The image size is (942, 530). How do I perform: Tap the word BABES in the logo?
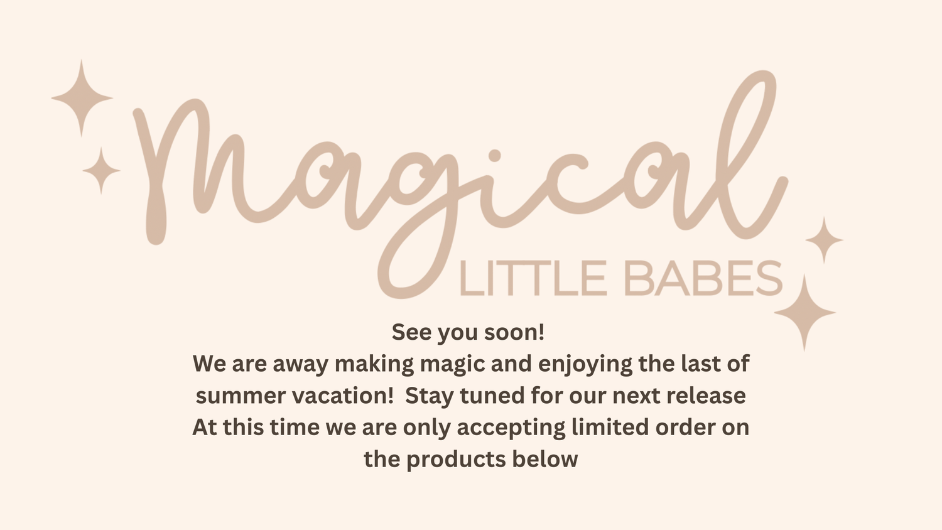[x=703, y=278]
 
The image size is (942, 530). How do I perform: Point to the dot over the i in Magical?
[x=495, y=156]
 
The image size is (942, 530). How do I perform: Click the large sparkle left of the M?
[x=82, y=98]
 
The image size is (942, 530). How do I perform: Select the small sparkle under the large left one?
[x=101, y=170]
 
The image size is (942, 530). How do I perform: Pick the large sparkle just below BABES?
[x=804, y=313]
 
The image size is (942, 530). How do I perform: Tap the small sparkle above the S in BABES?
[x=824, y=240]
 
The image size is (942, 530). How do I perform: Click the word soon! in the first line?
[x=514, y=332]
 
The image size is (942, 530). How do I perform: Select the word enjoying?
[x=585, y=364]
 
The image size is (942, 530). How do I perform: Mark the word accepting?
[x=511, y=428]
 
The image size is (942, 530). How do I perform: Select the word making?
[x=374, y=364]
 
